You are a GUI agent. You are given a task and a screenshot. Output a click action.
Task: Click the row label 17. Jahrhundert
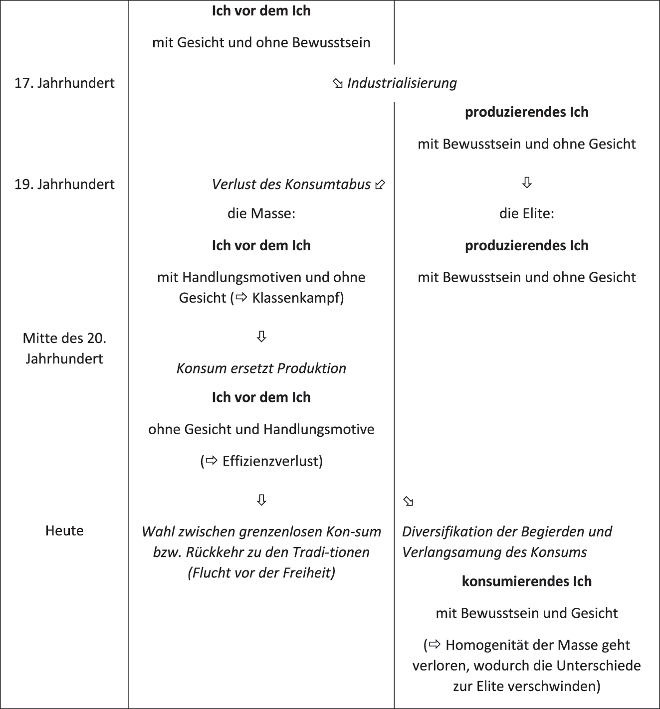pos(64,83)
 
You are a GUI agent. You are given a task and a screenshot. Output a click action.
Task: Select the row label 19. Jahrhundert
pos(64,184)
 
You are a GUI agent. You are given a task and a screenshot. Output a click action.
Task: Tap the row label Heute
pos(64,531)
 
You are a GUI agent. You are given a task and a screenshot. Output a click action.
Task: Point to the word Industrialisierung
pos(402,83)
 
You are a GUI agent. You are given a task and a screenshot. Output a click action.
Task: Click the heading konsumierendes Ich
pos(527,581)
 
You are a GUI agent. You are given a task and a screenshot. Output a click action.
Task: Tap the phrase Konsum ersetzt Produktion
pos(261,368)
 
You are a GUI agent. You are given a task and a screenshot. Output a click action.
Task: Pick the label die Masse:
pos(261,213)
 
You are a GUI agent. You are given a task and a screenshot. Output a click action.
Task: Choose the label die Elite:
pos(527,213)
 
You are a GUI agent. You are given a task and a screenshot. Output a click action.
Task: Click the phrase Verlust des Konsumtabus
pos(291,184)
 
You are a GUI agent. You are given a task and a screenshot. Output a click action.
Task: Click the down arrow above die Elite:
pos(527,183)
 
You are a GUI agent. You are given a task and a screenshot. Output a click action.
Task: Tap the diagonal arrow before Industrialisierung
pos(338,84)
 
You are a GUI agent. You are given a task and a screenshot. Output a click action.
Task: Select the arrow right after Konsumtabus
pos(380,185)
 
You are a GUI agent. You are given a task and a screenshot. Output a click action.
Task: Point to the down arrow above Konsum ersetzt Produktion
pos(261,337)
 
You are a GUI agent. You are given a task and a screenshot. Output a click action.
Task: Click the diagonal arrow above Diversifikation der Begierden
pos(409,502)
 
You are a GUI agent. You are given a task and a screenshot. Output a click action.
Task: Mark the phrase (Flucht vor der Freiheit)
pos(261,572)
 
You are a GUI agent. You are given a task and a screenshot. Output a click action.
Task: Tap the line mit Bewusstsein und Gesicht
pos(527,613)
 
